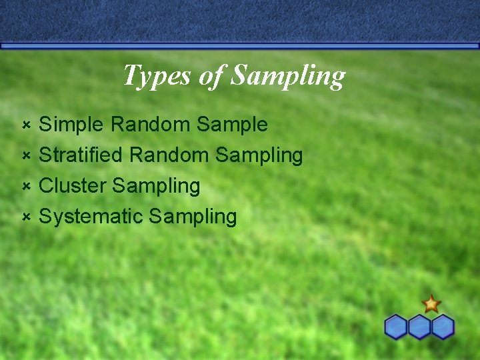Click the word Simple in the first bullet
tap(72, 125)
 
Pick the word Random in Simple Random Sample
tap(151, 125)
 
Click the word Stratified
tap(81, 155)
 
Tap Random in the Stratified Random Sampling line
tap(170, 155)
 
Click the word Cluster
tap(73, 186)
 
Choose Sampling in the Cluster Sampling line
tap(156, 187)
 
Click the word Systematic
tap(91, 217)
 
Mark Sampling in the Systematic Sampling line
tap(193, 217)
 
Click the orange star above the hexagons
tap(431, 305)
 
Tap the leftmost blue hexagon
tap(396, 327)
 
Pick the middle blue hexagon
tap(419, 327)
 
